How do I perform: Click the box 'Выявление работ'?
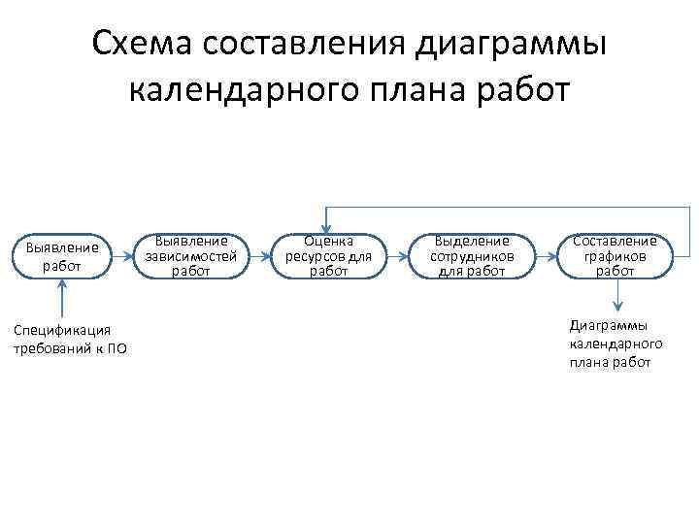click(x=61, y=256)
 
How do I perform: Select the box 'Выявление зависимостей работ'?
click(x=190, y=256)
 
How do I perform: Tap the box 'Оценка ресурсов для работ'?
click(x=328, y=256)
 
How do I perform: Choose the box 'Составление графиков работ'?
click(x=615, y=256)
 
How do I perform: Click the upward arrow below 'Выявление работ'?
click(x=61, y=297)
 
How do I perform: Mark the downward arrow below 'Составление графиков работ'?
click(x=615, y=295)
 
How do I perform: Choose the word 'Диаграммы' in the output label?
click(x=609, y=326)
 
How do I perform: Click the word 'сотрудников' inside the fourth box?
click(x=472, y=257)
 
